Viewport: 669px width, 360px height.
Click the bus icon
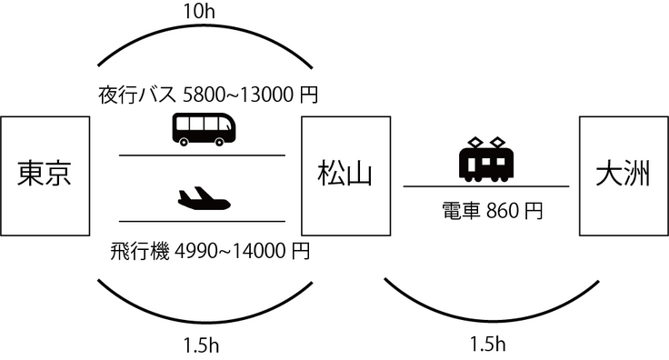(x=204, y=129)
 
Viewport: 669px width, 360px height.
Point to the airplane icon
(x=203, y=197)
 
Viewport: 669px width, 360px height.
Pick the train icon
(x=486, y=159)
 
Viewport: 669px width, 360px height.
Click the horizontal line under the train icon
(x=486, y=185)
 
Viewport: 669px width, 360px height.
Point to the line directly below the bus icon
(x=202, y=155)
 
